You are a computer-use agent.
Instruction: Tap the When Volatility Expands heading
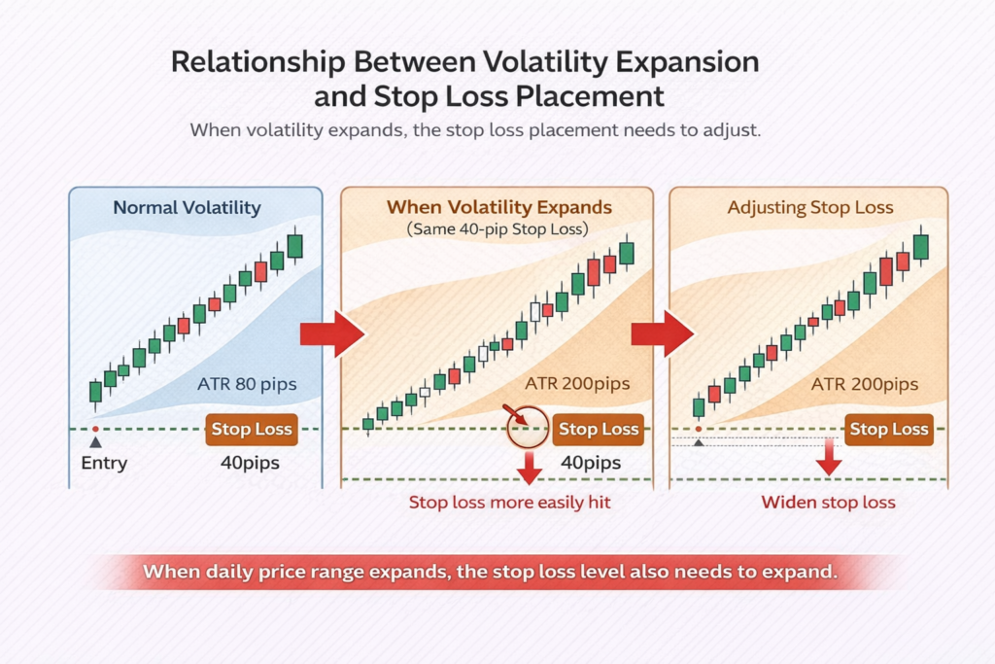(499, 207)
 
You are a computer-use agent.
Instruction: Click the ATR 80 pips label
(246, 384)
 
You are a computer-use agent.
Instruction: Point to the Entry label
(104, 463)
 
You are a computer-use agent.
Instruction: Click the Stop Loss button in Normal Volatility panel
(251, 429)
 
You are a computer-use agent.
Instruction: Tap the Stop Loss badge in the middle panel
(599, 429)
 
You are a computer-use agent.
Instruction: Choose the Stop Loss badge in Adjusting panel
(888, 429)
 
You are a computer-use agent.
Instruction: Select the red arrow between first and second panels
(330, 333)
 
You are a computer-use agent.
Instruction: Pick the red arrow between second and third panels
(662, 333)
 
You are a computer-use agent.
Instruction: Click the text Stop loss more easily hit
(509, 503)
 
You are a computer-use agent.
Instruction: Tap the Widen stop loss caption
(828, 503)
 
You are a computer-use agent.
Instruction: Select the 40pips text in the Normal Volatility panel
(250, 463)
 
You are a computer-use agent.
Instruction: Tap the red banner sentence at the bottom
(490, 572)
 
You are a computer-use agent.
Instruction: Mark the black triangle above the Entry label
(95, 442)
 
